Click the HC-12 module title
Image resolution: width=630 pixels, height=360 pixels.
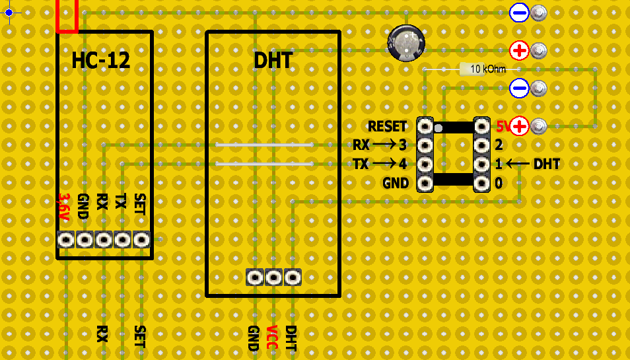[100, 61]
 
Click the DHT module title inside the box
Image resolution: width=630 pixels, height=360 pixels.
[273, 61]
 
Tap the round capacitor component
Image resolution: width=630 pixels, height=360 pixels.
[405, 43]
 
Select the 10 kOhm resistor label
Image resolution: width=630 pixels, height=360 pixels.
[488, 69]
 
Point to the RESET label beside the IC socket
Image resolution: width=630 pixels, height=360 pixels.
[388, 126]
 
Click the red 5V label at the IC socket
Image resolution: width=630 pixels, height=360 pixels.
[503, 126]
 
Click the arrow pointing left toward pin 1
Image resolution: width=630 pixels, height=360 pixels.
[518, 164]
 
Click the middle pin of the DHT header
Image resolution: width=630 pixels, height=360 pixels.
[273, 277]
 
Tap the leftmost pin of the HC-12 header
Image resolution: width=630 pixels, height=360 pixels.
[65, 239]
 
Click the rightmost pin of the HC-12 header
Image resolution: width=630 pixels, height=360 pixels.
[141, 239]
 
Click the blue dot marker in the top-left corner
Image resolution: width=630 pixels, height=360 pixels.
[9, 13]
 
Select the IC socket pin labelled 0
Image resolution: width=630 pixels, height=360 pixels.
[482, 183]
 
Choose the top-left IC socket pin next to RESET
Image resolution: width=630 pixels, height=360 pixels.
[425, 126]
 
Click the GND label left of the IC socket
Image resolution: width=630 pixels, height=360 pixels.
[396, 183]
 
